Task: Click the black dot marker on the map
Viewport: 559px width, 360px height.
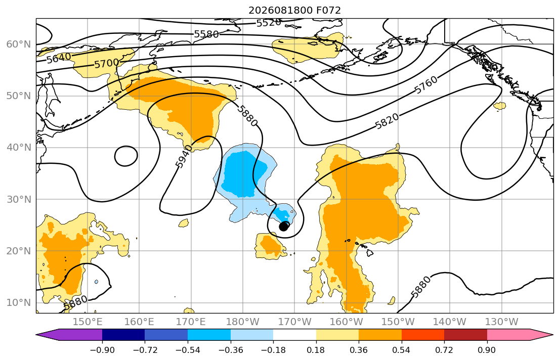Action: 283,227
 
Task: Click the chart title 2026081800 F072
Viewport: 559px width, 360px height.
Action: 294,10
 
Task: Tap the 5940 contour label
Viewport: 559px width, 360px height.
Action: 184,156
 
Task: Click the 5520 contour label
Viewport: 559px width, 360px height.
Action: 269,23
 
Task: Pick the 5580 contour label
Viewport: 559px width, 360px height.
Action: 206,34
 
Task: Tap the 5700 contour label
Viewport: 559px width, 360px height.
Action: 107,63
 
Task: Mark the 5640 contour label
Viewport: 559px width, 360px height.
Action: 59,58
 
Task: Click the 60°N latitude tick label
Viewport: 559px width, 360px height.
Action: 19,44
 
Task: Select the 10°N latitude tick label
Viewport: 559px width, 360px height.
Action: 19,303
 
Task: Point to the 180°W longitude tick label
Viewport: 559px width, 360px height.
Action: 243,322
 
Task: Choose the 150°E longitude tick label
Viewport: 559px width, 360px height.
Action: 88,322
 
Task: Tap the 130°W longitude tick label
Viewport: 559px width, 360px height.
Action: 502,322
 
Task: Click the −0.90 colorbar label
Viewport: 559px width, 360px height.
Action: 102,350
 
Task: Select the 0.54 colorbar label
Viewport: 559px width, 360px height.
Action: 402,350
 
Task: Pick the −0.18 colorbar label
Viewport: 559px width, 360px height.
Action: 273,350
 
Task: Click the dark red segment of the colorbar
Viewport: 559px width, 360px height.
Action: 465,335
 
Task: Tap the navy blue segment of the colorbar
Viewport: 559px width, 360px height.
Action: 123,335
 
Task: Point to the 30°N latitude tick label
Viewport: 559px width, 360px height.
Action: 19,199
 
